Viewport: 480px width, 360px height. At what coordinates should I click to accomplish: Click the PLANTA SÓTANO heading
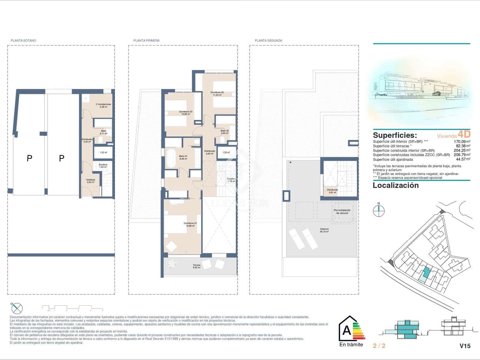[x=23, y=40]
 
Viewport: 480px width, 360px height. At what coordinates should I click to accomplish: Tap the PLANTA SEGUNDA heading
[x=268, y=40]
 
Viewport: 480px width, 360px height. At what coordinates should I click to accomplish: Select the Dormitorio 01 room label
[x=190, y=224]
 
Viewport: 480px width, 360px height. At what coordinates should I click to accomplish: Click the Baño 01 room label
[x=183, y=157]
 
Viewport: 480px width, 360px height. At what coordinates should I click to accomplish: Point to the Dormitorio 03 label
[x=186, y=113]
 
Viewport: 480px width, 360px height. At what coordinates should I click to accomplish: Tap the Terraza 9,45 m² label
[x=196, y=266]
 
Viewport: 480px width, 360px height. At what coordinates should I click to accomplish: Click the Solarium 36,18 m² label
[x=324, y=230]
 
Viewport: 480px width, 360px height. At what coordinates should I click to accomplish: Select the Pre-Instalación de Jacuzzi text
[x=342, y=211]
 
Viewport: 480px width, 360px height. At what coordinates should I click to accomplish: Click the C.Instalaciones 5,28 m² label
[x=103, y=106]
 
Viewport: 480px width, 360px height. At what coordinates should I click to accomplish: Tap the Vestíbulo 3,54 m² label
[x=90, y=181]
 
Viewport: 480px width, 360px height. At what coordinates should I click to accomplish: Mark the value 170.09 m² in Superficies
[x=462, y=141]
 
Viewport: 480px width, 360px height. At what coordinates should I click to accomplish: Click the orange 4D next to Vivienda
[x=464, y=134]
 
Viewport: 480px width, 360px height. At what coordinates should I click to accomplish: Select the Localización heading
[x=395, y=185]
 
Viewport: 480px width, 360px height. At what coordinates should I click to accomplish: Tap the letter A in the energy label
[x=346, y=330]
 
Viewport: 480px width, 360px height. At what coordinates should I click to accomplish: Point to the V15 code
[x=465, y=346]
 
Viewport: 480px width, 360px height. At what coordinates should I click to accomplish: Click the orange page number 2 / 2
[x=379, y=346]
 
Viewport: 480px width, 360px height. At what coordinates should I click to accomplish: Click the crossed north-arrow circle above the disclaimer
[x=17, y=308]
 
